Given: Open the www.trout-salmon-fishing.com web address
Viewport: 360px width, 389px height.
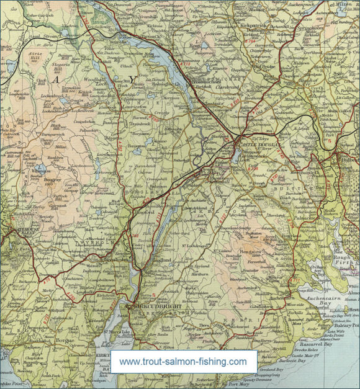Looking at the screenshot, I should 183,360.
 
